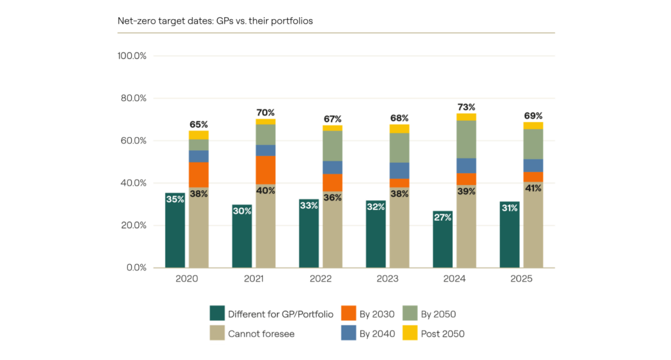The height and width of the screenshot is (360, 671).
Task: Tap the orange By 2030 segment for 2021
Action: (265, 170)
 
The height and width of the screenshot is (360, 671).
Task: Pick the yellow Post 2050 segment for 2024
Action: (467, 117)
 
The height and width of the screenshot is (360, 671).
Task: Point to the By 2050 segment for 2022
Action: (332, 146)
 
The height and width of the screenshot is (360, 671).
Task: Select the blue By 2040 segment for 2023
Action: (400, 170)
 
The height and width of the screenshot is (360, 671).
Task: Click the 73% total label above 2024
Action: (467, 107)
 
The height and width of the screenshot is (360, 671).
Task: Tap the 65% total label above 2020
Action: (199, 124)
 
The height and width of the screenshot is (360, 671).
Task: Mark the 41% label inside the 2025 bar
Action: (533, 188)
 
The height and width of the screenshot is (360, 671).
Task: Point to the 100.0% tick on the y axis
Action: (132, 56)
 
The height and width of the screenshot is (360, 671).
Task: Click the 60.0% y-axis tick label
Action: (133, 140)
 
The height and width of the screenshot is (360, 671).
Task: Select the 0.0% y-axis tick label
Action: (136, 268)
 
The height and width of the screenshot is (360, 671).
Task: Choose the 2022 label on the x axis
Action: (320, 279)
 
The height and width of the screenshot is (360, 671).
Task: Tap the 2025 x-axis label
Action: (522, 279)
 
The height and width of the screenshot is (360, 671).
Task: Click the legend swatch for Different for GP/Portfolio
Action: (218, 313)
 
